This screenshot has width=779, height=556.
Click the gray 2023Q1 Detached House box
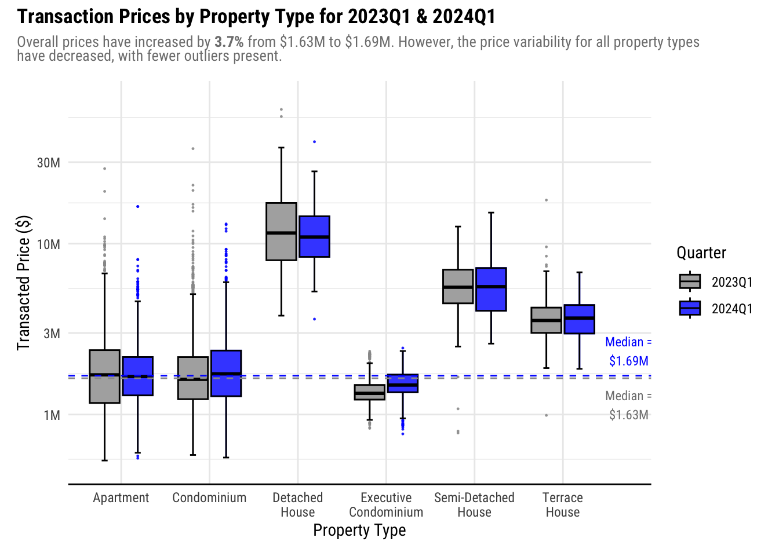coord(281,231)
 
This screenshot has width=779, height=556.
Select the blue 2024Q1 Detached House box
coord(315,236)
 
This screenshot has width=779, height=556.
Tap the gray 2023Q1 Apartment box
coord(105,376)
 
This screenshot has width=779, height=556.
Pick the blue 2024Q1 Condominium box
coord(226,373)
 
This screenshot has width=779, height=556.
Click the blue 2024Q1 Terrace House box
coord(580,319)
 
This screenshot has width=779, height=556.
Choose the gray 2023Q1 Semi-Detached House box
coord(458,286)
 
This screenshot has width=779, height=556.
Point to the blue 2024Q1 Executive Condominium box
coord(403,383)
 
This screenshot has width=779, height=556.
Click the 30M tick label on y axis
coord(49,163)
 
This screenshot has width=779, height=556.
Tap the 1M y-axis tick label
coord(52,415)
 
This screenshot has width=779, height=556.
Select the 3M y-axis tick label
coord(52,334)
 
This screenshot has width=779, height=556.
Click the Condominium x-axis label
coord(209,498)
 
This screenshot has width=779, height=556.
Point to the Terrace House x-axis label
coord(563,504)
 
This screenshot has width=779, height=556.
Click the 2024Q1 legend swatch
coord(690,308)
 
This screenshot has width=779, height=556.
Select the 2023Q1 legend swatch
coord(690,281)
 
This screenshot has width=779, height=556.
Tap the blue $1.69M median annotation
coord(628,352)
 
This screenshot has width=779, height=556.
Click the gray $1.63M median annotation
coord(628,405)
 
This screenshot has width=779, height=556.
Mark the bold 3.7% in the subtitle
coord(229,42)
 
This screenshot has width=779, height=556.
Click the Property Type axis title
coord(359,530)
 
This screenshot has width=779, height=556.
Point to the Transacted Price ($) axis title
coord(23,283)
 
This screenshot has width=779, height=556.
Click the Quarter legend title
coord(701,253)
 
